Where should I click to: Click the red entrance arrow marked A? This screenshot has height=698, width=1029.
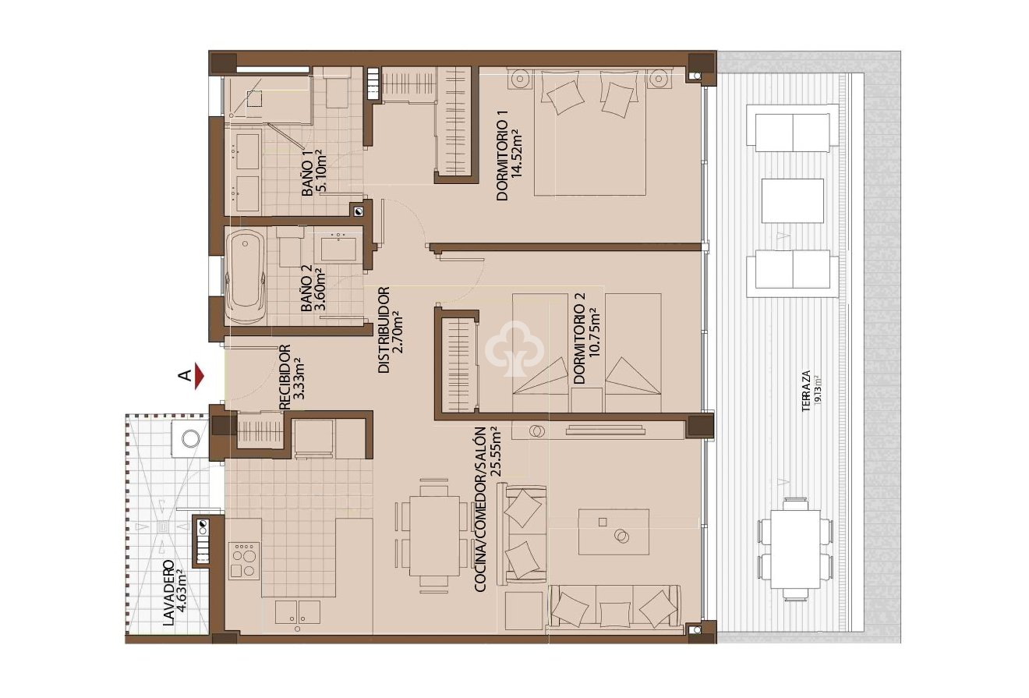[x=200, y=377]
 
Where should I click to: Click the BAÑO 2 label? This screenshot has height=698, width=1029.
[x=313, y=289]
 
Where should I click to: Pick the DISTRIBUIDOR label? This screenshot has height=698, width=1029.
[x=390, y=331]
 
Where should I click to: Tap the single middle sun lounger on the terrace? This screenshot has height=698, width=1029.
[x=792, y=200]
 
